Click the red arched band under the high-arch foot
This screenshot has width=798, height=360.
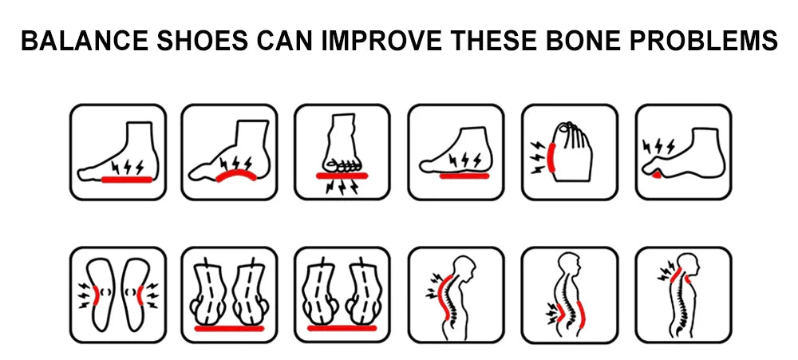click(x=235, y=174)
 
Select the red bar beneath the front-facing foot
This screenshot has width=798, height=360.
click(x=342, y=176)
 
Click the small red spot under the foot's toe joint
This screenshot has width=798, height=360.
click(x=657, y=175)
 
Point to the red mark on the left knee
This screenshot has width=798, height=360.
click(x=96, y=295)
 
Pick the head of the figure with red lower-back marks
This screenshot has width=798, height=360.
click(x=569, y=264)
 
